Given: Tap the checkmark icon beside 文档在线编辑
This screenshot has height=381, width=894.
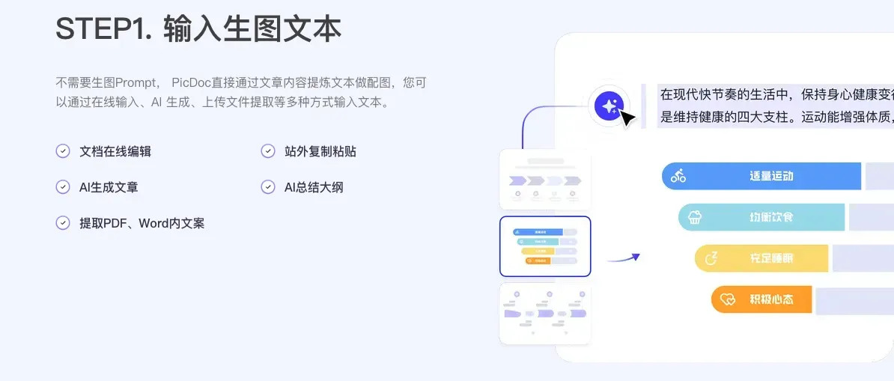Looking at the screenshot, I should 63,151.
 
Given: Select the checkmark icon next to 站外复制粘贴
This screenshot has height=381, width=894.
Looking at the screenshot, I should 268,151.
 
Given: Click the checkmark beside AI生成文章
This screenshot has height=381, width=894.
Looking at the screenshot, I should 63,187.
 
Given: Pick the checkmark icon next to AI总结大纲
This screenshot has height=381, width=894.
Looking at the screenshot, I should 268,187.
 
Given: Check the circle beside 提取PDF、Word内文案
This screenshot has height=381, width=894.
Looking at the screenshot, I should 63,223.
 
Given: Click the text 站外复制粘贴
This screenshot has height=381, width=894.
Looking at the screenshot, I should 320,151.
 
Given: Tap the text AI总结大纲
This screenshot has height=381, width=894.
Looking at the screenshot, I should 314,187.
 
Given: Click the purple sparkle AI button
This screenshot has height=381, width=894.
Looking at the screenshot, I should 609,106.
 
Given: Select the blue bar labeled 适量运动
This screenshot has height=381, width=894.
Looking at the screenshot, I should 761,176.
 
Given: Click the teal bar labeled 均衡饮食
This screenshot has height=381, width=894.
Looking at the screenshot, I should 761,217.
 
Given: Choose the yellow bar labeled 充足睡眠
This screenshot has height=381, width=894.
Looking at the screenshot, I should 761,258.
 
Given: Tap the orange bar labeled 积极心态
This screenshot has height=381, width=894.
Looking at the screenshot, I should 761,299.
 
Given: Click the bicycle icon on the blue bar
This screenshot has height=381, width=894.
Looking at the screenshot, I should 678,176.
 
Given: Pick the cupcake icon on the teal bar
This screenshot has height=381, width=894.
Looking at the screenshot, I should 695,217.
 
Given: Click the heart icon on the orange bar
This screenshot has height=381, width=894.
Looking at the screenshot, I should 728,299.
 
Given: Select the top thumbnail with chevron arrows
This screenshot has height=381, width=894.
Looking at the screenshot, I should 545,180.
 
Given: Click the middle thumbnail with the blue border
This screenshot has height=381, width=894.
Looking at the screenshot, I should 545,246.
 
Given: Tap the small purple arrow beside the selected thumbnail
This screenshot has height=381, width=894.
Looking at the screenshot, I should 624,258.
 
